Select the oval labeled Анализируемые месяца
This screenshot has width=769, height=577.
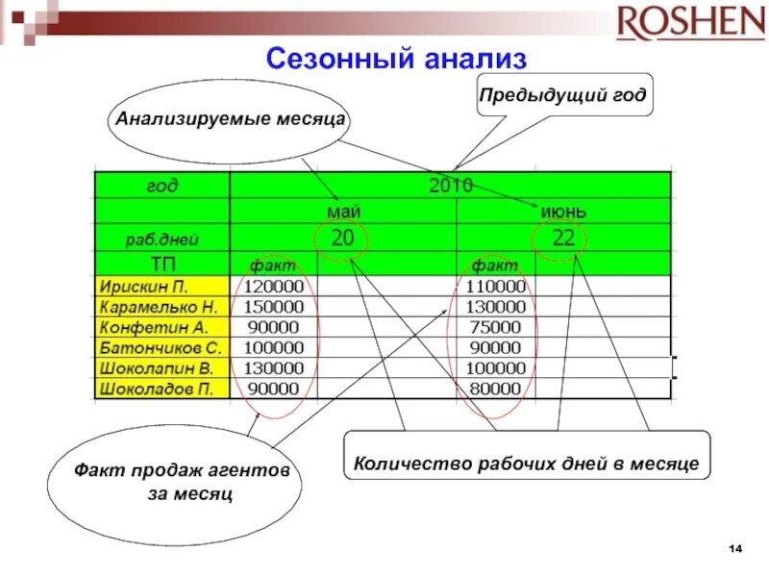pyautogui.click(x=230, y=121)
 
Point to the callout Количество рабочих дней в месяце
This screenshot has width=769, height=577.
pyautogui.click(x=526, y=464)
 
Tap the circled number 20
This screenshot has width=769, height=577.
pyautogui.click(x=342, y=238)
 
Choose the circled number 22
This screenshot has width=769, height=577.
pyautogui.click(x=563, y=238)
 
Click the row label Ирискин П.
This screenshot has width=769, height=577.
pyautogui.click(x=143, y=287)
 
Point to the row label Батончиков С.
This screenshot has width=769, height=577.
pyautogui.click(x=160, y=347)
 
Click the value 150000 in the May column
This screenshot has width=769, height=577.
pyautogui.click(x=274, y=307)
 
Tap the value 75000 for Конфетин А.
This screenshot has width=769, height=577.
pyautogui.click(x=496, y=327)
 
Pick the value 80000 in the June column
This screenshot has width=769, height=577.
pyautogui.click(x=496, y=389)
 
